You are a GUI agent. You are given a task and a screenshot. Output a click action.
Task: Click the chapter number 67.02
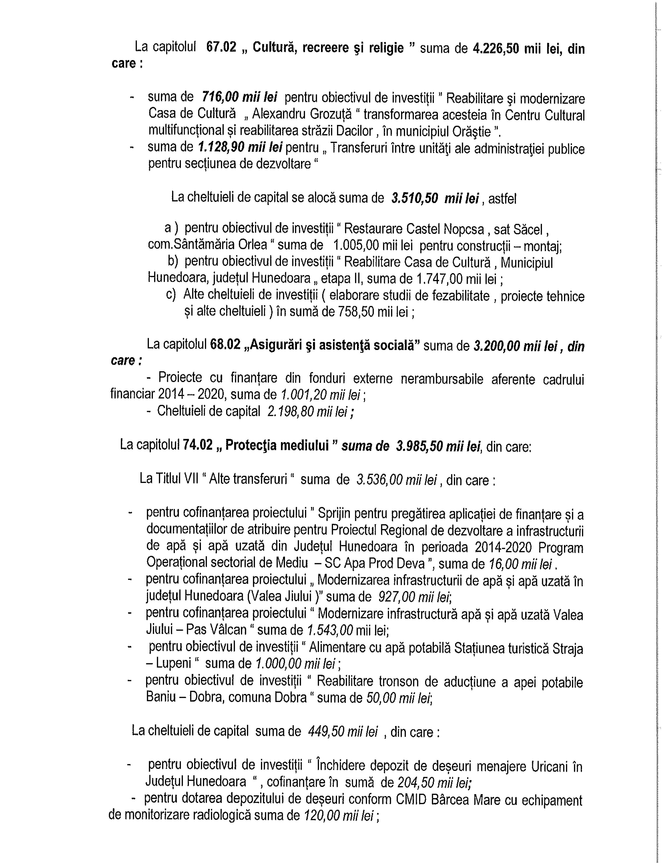221,48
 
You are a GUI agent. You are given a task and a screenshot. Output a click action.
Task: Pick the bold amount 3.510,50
415,198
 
